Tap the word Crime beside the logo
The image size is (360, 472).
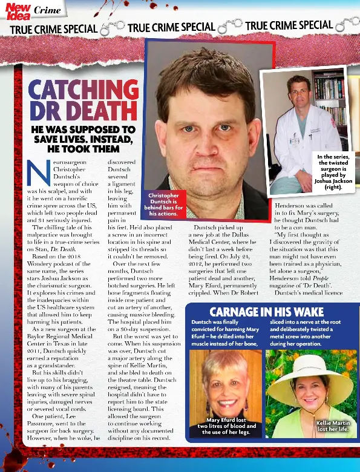tap(47, 10)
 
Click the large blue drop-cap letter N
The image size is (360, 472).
tap(37, 174)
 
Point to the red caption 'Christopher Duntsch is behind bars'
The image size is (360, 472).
tap(163, 205)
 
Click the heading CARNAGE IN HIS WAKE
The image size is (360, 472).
tap(266, 312)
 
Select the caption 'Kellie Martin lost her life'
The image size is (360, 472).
tap(332, 426)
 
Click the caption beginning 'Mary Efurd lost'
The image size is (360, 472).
tap(226, 426)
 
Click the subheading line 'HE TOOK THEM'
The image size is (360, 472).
tap(83, 148)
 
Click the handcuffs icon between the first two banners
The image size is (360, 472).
tap(112, 27)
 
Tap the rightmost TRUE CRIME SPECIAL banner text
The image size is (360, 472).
tap(289, 25)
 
